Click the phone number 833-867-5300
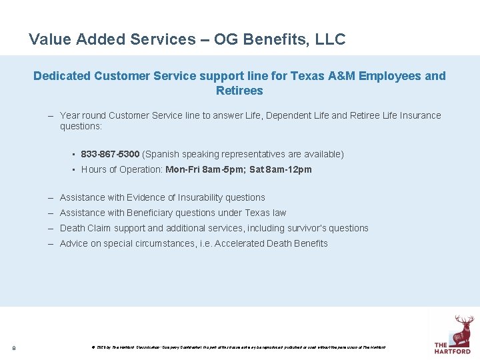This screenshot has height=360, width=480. coord(110,154)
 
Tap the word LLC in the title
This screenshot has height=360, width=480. coord(331,39)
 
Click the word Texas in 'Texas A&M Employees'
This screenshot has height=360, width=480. coord(309,76)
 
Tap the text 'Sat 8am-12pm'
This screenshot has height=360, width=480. coord(280,169)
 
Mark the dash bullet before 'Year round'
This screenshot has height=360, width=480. coord(51,115)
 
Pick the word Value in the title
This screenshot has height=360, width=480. coord(50,39)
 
